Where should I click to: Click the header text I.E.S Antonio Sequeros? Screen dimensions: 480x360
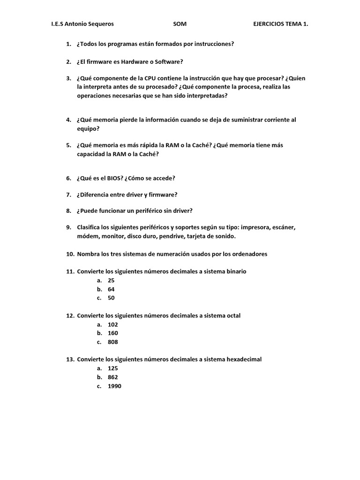click(x=82, y=24)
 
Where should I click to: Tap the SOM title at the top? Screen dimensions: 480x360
click(x=180, y=24)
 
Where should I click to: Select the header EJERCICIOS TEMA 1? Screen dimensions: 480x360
click(x=280, y=24)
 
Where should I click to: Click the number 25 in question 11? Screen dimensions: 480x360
click(x=111, y=280)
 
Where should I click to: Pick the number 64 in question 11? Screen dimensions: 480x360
click(x=111, y=289)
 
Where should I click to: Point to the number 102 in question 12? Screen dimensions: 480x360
click(x=112, y=324)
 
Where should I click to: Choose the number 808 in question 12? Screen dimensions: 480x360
click(x=112, y=342)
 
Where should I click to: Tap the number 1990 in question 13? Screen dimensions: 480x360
click(x=114, y=386)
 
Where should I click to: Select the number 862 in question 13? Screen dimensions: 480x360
click(x=112, y=377)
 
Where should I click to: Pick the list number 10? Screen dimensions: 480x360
click(x=70, y=254)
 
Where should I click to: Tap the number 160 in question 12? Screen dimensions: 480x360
click(x=112, y=333)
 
